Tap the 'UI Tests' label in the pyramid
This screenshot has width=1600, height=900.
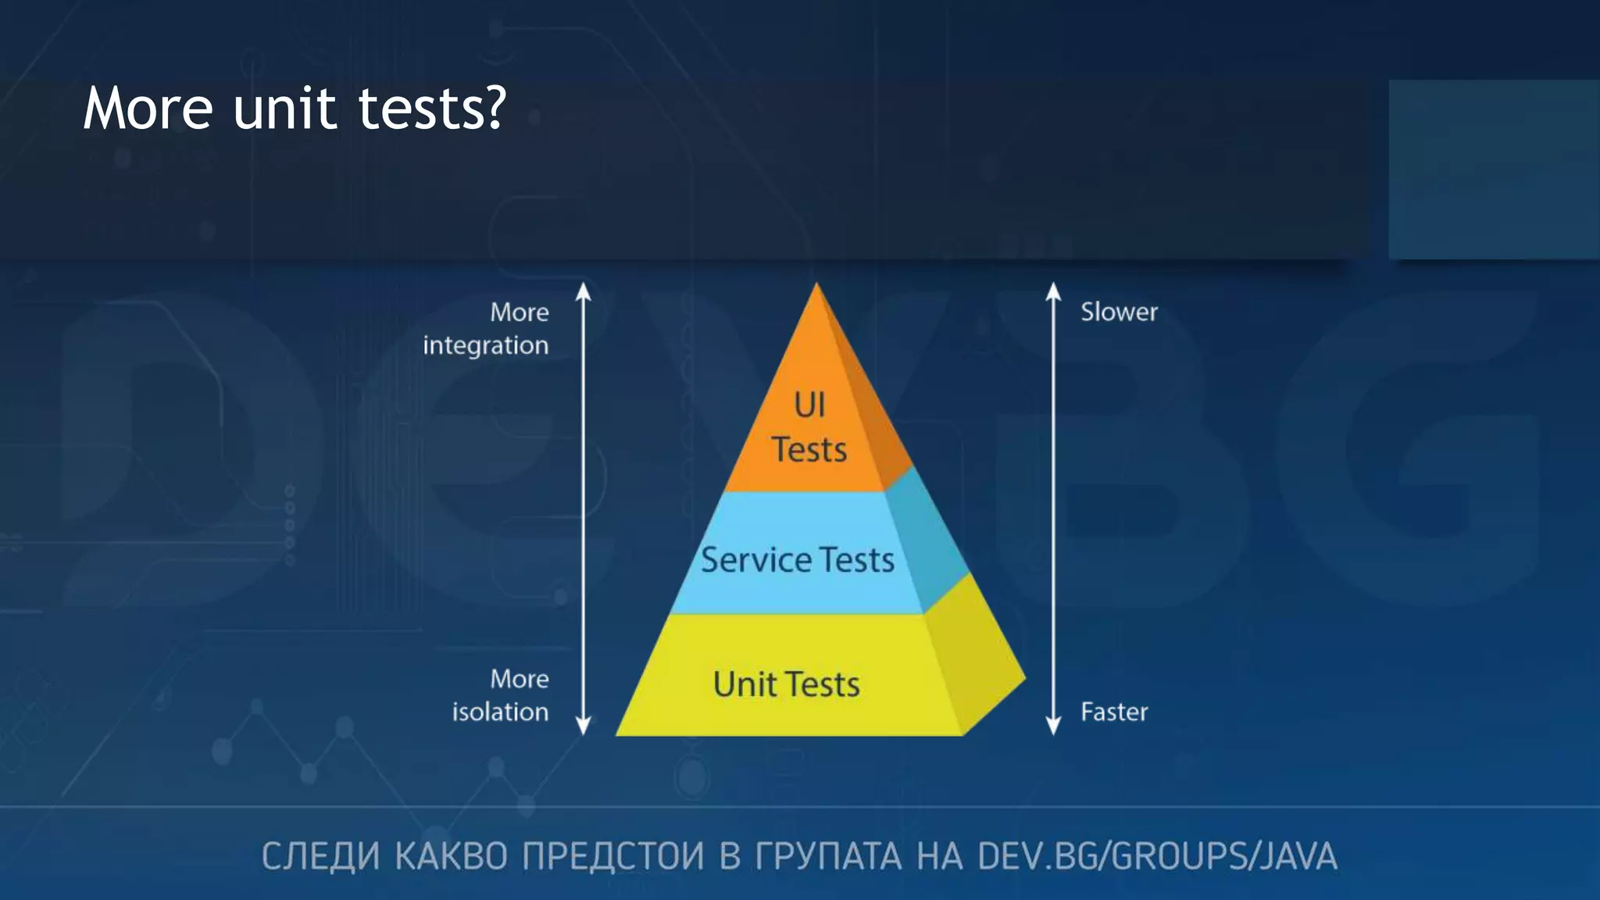(809, 427)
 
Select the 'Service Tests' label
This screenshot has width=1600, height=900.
(797, 560)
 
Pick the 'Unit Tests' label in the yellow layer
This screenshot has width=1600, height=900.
(786, 684)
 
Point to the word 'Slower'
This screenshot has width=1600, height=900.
(1119, 312)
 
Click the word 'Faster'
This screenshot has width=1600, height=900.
(1114, 712)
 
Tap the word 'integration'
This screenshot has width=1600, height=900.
(485, 345)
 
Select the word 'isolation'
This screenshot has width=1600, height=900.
(500, 712)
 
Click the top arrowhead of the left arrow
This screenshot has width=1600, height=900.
(583, 291)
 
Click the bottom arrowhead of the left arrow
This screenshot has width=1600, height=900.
(583, 726)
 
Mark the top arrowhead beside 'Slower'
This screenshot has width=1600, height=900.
(1053, 291)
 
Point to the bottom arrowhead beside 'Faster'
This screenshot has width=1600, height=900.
(1053, 726)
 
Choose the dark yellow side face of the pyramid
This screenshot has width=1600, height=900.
(977, 664)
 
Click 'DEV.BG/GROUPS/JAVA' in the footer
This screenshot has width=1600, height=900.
(1157, 856)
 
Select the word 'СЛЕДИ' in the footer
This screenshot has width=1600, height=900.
(320, 856)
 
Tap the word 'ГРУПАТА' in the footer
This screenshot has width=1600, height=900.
(827, 856)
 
